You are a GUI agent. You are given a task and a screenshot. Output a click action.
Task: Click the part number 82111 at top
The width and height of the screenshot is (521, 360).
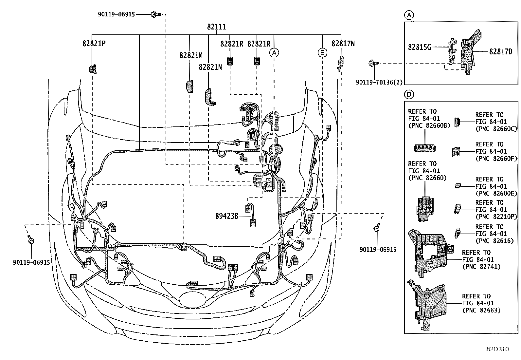(x=216, y=27)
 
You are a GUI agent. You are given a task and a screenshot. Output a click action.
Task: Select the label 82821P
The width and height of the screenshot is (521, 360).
(x=94, y=44)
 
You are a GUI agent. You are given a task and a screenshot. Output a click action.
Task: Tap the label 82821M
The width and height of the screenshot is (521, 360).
(x=191, y=55)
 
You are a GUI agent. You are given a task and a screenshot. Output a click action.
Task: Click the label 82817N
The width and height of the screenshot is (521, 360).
(x=343, y=44)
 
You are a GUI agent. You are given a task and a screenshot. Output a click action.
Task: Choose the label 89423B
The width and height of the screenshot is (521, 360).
(x=226, y=216)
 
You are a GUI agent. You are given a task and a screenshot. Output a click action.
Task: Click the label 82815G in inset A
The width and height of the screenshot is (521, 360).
(x=420, y=47)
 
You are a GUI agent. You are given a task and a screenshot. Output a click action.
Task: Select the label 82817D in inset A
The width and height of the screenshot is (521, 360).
(x=501, y=51)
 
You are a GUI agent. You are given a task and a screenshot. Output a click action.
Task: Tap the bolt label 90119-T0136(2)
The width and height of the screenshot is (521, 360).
(x=379, y=83)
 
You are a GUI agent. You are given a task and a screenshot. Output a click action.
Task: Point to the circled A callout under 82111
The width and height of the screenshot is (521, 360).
(x=274, y=52)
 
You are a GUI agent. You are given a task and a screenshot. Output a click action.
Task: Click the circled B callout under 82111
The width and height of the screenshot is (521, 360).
(x=322, y=52)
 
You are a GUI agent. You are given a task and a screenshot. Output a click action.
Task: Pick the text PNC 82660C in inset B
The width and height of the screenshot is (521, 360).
(x=495, y=129)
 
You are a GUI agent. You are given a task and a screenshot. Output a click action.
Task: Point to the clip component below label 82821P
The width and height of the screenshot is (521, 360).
(x=93, y=68)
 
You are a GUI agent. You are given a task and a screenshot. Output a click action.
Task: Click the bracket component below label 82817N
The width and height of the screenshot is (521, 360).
(x=340, y=63)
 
